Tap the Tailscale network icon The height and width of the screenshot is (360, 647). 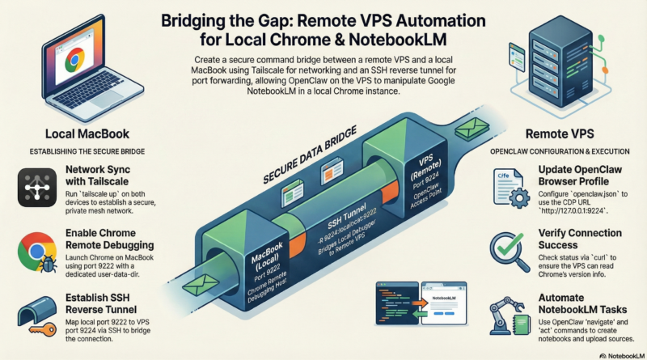34,188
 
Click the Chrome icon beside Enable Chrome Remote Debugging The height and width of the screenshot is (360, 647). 34,252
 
